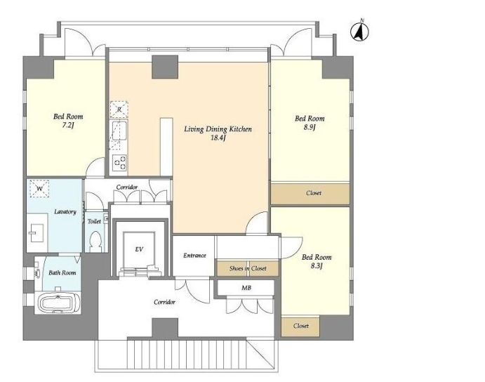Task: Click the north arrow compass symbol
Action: click(x=360, y=31)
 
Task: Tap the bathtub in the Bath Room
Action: click(x=58, y=302)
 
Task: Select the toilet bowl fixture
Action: click(x=95, y=241)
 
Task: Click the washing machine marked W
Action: click(x=39, y=188)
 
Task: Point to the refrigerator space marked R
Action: click(x=119, y=110)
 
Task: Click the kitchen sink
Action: click(x=119, y=131)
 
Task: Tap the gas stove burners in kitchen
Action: click(x=119, y=162)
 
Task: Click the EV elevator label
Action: click(x=139, y=249)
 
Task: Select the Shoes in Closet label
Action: click(x=248, y=268)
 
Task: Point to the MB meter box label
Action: click(x=246, y=288)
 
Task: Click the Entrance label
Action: click(x=194, y=256)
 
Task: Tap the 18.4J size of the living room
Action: click(x=218, y=138)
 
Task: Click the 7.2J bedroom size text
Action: click(x=68, y=126)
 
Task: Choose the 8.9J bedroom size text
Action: click(x=310, y=127)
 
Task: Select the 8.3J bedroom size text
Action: click(x=317, y=265)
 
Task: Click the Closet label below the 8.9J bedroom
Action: click(x=314, y=193)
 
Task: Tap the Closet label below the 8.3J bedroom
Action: click(x=301, y=326)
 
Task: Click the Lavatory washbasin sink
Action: click(x=37, y=232)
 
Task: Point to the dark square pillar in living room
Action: click(x=165, y=67)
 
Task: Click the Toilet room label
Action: click(x=94, y=221)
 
